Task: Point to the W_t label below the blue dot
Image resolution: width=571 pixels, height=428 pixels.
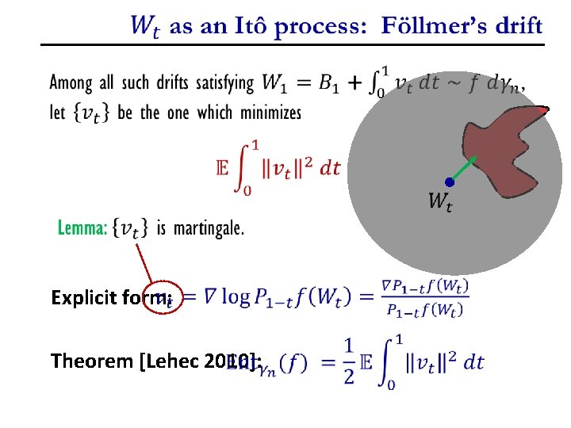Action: [x=441, y=203]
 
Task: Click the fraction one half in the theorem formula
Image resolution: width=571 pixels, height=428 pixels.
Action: [x=348, y=361]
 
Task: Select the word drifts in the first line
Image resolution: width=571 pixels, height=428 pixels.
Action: [x=186, y=82]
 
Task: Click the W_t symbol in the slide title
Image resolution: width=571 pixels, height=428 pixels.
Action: [x=147, y=26]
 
